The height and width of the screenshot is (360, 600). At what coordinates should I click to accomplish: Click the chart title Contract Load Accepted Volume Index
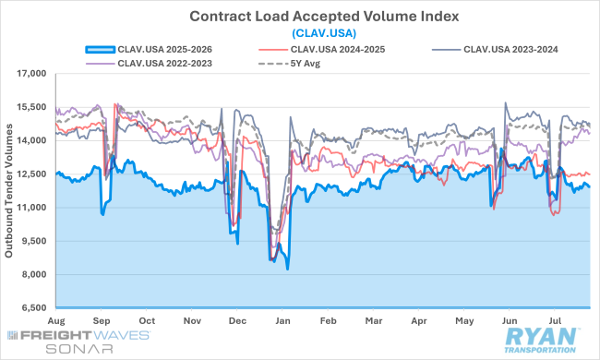point(324,17)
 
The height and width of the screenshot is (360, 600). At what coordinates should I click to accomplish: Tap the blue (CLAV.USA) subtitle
point(324,33)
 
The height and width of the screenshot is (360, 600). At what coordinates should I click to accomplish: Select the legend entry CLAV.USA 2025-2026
point(149,49)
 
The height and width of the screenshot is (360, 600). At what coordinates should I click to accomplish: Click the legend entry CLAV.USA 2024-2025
point(322,49)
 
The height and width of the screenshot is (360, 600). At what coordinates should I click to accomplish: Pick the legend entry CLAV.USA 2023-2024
point(495,49)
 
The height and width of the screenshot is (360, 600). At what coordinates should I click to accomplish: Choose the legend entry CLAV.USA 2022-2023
point(149,63)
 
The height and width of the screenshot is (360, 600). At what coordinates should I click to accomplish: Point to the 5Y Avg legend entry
point(289,63)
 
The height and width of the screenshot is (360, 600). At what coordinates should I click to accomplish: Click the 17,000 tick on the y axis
point(31,74)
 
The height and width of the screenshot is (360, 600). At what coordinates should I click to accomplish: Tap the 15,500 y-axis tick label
point(31,107)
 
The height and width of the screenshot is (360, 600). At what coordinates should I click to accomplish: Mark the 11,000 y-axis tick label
point(31,208)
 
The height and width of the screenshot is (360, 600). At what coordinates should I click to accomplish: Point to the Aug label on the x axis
point(56,320)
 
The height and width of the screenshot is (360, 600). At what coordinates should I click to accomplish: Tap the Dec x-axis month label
point(237,320)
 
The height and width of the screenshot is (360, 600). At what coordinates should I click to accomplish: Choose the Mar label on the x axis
point(374,320)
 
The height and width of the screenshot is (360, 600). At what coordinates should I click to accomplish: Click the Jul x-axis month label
point(555,320)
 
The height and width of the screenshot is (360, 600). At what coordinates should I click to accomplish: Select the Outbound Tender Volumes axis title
point(8,190)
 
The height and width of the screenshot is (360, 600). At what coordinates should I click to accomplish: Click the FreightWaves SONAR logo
point(78,342)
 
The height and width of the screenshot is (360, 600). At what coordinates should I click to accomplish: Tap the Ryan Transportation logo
point(541,341)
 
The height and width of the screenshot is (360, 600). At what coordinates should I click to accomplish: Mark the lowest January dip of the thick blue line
point(287,269)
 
